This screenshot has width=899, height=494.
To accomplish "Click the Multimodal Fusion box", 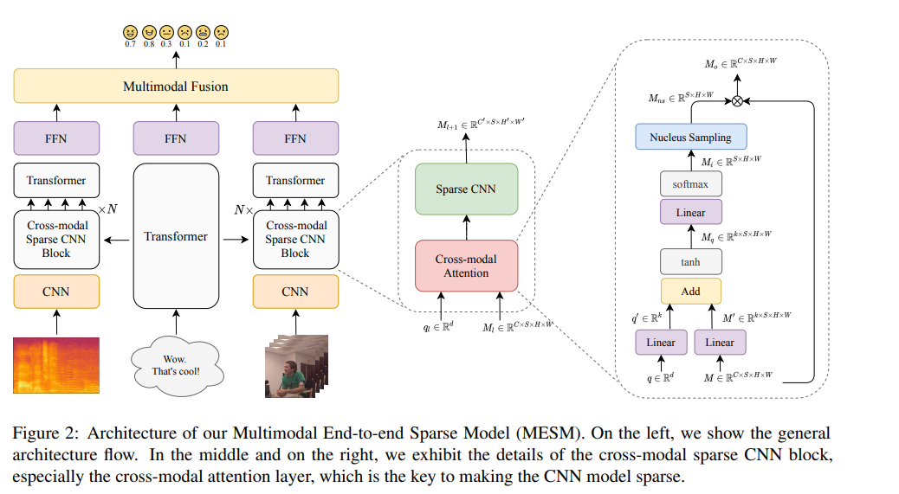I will pos(176,87).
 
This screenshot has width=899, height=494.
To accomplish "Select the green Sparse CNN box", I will pos(467,189).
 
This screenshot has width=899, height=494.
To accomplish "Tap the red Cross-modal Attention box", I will pos(467,266).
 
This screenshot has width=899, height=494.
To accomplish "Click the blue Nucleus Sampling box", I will pos(690,137).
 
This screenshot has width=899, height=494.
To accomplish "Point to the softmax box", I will pos(690,184).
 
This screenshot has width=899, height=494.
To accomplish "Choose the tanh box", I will pos(690,261).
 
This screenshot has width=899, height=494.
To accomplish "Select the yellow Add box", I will pos(690,291).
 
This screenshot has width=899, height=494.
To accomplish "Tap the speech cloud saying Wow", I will pos(176,364).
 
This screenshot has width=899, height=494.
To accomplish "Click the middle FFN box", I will pos(176,138).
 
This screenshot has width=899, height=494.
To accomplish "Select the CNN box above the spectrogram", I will pos(57,292).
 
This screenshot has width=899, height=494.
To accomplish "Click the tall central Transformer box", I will pos(176,236).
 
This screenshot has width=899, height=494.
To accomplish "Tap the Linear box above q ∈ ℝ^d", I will pos(661,342).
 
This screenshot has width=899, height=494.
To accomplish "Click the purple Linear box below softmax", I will pos(690,212).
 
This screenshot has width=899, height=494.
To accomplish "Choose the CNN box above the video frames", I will pos(295,292).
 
